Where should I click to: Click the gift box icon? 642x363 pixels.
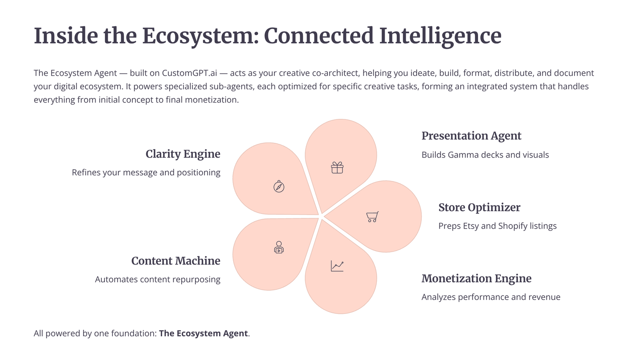click(x=337, y=167)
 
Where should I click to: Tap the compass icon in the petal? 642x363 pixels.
click(x=279, y=186)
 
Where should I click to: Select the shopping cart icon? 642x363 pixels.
click(x=372, y=217)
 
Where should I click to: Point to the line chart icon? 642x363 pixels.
click(x=337, y=266)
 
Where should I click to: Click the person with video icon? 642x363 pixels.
click(x=279, y=247)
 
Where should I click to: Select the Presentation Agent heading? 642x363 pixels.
click(x=471, y=136)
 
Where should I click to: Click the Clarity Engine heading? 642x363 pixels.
click(x=183, y=154)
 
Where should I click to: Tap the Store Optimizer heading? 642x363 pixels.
click(x=479, y=207)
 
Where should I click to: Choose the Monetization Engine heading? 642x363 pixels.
click(x=476, y=278)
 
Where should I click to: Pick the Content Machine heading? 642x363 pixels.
click(x=176, y=261)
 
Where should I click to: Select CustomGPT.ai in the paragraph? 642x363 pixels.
click(x=189, y=73)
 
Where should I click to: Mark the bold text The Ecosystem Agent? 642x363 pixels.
click(x=203, y=333)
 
